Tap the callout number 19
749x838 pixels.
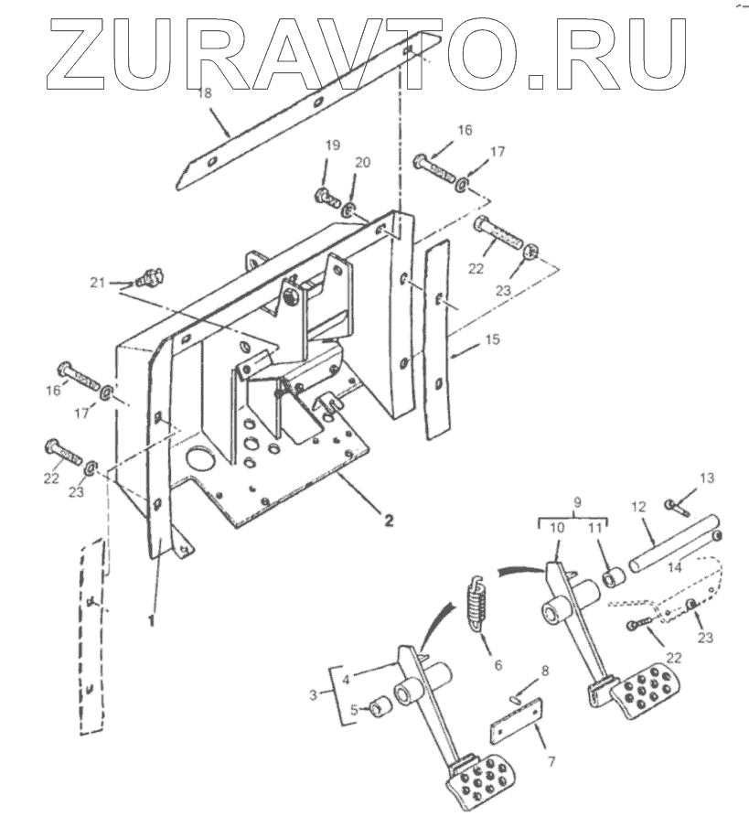[331, 146]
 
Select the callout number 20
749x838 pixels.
[364, 162]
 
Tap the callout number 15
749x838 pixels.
[493, 340]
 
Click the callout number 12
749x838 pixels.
[637, 505]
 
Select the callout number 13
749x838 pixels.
[707, 478]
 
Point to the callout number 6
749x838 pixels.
[498, 665]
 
